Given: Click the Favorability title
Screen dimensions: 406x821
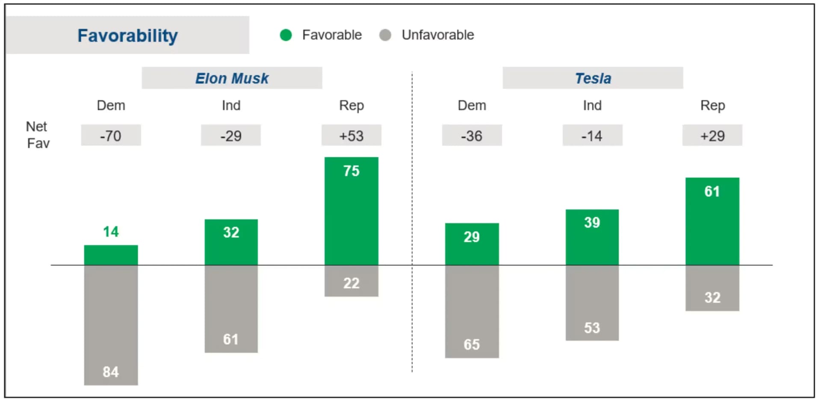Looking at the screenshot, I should (127, 35).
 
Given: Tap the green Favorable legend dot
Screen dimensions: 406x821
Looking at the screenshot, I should (286, 35).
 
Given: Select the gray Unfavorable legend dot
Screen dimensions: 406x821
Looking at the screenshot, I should (385, 35).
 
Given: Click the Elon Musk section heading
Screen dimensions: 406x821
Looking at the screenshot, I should (232, 78).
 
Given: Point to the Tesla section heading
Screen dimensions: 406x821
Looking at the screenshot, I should (593, 78).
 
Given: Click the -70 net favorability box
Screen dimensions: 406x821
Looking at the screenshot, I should (111, 135).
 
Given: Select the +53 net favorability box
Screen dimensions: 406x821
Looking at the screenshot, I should (351, 135).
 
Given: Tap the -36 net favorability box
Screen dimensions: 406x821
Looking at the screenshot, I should (472, 135).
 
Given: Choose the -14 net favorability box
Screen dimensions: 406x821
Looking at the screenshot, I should (592, 135).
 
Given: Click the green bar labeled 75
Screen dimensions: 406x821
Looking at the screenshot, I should (351, 212).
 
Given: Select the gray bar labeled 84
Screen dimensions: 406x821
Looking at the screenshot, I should (111, 325).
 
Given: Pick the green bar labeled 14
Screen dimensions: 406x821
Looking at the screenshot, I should (111, 255).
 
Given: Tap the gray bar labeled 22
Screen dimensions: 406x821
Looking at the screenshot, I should (351, 281).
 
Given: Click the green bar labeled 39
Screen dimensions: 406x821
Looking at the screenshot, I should (592, 238).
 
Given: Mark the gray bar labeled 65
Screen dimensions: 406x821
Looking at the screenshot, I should (472, 311).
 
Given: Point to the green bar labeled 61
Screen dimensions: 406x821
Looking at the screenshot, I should (712, 221).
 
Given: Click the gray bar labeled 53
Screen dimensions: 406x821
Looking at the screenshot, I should (592, 303).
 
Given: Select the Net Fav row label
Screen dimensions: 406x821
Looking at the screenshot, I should (38, 135).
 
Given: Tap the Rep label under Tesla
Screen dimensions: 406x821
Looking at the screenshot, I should (712, 105).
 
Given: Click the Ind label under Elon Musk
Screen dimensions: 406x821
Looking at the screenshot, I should (231, 105).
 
